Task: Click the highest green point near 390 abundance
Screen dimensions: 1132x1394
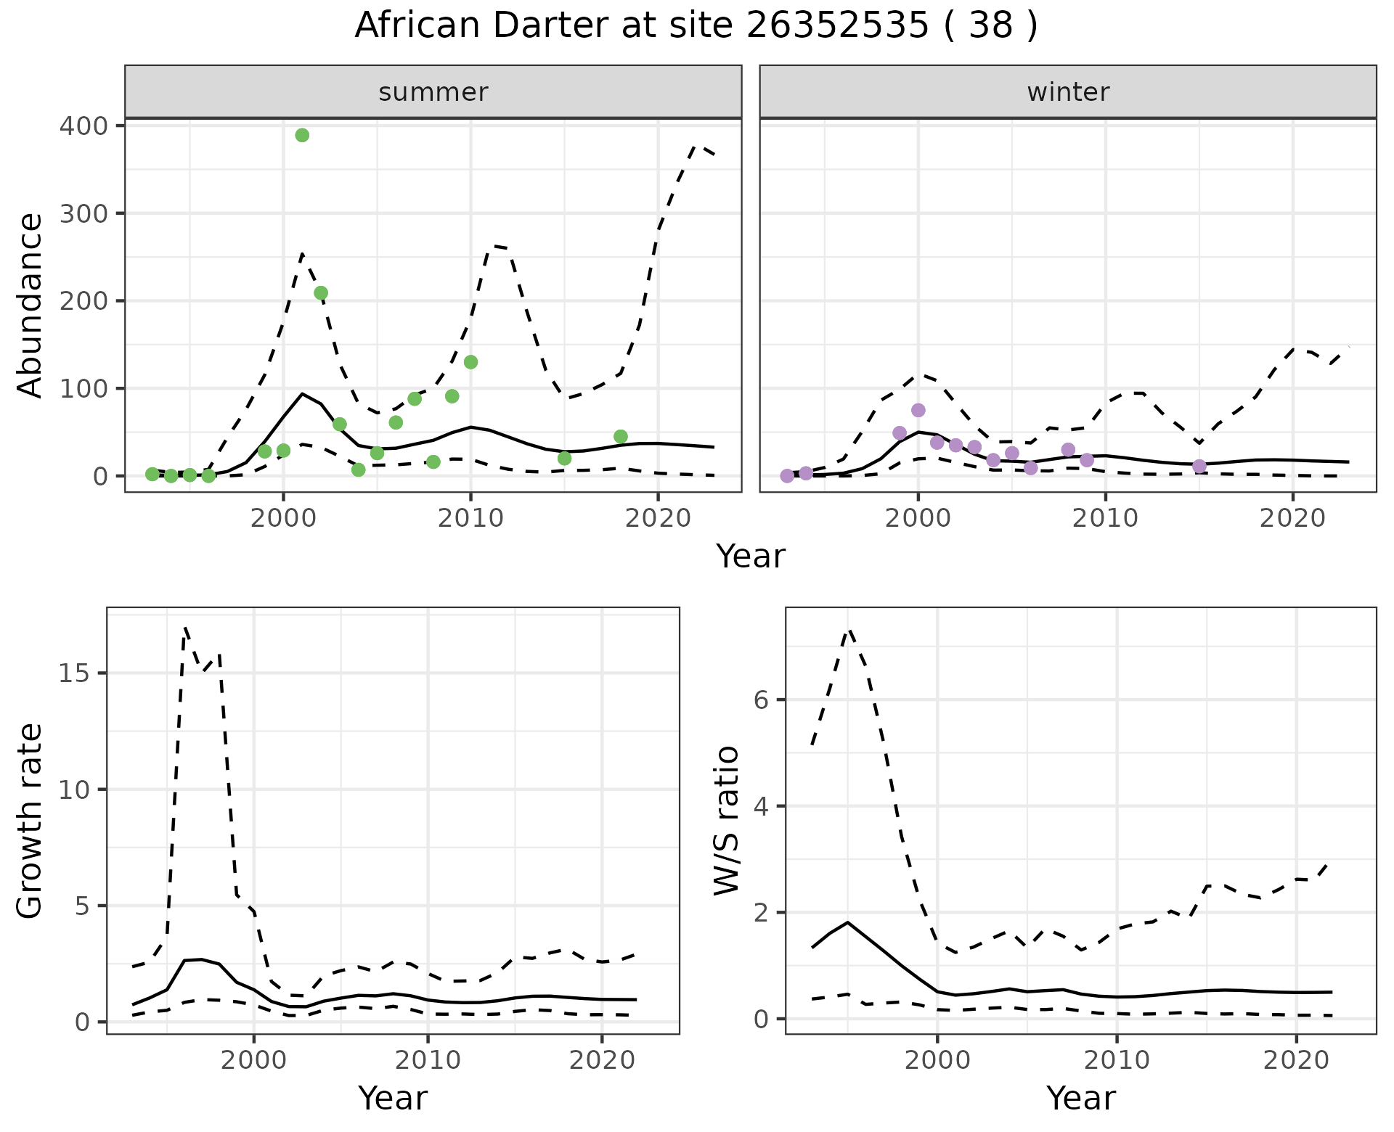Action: (x=302, y=135)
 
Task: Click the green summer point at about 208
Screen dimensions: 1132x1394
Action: (x=321, y=293)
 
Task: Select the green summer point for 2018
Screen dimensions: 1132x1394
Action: (x=620, y=436)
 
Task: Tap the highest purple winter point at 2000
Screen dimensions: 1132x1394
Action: (x=918, y=410)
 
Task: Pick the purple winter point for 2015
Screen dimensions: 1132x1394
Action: (x=1199, y=466)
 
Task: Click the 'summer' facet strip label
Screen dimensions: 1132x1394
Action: (x=433, y=92)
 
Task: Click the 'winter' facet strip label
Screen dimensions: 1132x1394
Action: (x=1067, y=92)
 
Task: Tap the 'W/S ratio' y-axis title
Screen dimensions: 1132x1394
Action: (x=726, y=820)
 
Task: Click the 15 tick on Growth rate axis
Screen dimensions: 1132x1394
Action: (x=76, y=673)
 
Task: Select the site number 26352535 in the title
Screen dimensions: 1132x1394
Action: (x=836, y=26)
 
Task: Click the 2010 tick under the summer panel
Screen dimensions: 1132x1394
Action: (x=470, y=518)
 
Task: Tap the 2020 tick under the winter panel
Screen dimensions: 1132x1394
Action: (x=1292, y=518)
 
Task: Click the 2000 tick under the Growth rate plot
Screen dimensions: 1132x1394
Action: (x=253, y=1060)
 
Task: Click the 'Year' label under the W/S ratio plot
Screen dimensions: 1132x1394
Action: (x=1080, y=1098)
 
